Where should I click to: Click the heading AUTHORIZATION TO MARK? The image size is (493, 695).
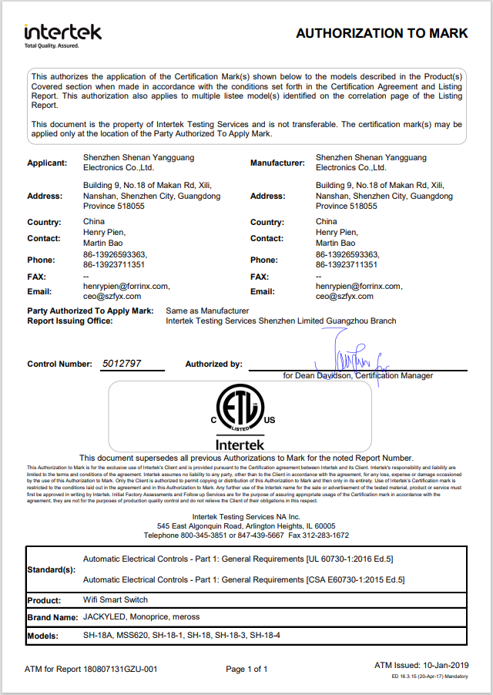click(381, 33)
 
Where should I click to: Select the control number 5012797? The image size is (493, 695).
click(122, 364)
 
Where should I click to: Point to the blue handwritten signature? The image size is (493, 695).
click(347, 356)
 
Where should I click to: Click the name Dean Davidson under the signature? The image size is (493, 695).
click(324, 376)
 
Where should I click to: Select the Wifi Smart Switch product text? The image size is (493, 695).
click(115, 600)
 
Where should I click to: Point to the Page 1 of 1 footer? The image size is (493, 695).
click(246, 670)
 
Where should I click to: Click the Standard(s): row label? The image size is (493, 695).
click(51, 569)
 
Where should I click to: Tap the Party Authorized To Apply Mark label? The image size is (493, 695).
click(90, 311)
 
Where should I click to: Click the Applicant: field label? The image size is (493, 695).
click(47, 163)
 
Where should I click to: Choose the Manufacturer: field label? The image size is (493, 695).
click(277, 163)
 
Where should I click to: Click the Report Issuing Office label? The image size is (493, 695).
click(70, 321)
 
